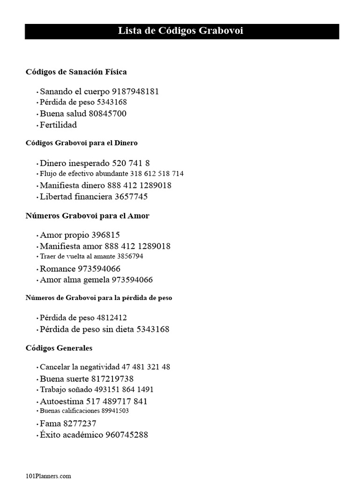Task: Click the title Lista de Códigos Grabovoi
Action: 180,31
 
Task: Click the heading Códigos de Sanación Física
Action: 76,72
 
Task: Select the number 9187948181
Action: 135,91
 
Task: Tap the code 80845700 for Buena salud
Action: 107,113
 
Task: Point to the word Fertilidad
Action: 58,125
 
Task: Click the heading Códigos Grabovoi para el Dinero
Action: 82,142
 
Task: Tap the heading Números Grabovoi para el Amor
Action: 87,216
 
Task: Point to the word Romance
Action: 58,269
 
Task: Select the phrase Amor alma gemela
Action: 75,280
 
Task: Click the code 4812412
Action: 111,318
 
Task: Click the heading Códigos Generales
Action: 59,348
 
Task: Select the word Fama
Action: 50,424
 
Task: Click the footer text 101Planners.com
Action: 48,476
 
